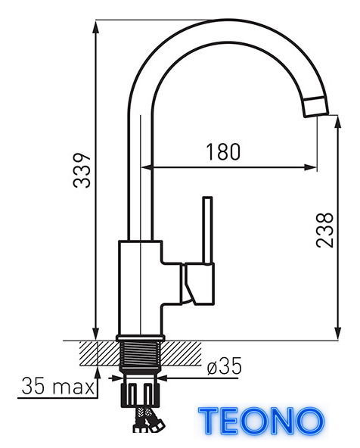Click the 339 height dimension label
tap(82, 170)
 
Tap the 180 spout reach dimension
tap(223, 151)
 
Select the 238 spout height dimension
tap(324, 230)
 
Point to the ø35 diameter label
tap(225, 366)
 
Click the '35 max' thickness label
tap(57, 386)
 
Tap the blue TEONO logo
tap(261, 421)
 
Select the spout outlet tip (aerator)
tap(315, 107)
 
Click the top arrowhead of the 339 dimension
tap(96, 27)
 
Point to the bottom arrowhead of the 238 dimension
tap(338, 333)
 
